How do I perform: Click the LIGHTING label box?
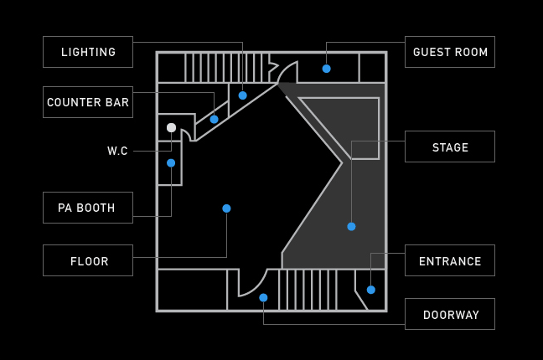click(88, 52)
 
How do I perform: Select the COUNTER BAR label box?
click(88, 102)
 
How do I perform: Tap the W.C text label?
click(117, 152)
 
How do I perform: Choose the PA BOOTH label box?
click(88, 208)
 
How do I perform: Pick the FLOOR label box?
click(88, 260)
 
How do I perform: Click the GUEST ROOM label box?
click(450, 52)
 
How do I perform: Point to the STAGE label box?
click(450, 147)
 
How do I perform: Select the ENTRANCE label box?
click(450, 260)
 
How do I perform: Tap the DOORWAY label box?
click(450, 314)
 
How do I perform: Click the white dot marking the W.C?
click(171, 128)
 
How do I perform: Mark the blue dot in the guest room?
click(327, 69)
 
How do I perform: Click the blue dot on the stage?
click(351, 227)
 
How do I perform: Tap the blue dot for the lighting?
click(243, 95)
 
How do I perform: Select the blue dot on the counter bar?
click(215, 120)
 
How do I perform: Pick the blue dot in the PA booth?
click(171, 163)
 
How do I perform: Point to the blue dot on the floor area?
click(226, 208)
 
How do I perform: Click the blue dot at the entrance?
click(371, 290)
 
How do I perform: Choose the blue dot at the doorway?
click(263, 298)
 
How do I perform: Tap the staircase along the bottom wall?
click(308, 290)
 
